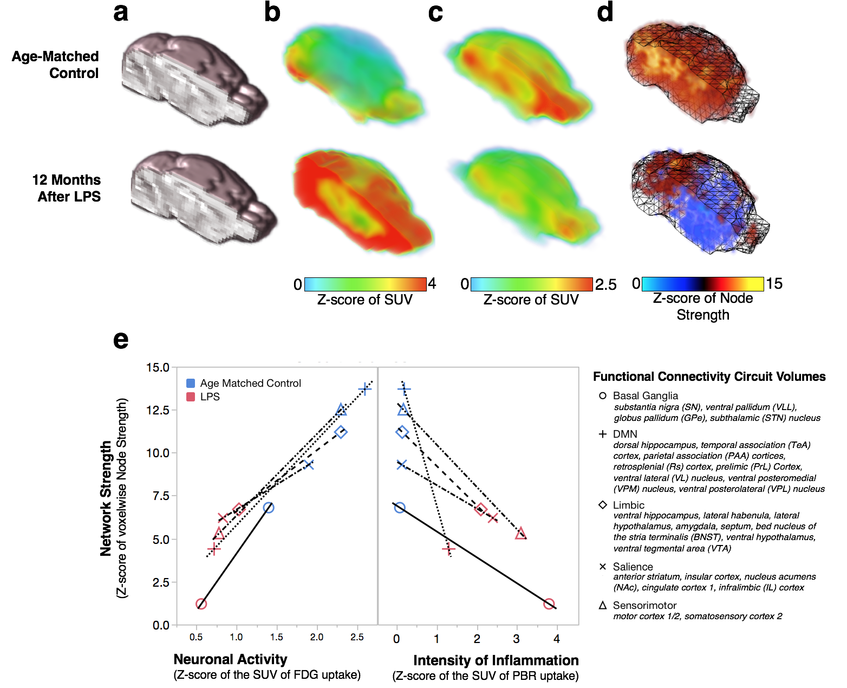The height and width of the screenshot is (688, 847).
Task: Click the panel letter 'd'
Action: tap(605, 12)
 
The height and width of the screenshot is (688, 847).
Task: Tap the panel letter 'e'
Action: tap(120, 340)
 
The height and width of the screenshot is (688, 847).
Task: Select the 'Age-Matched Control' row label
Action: tap(55, 64)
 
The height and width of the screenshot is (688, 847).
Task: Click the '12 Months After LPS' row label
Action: tap(67, 188)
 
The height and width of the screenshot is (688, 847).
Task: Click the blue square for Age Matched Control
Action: tap(191, 383)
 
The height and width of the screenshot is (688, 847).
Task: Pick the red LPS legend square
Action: tap(191, 397)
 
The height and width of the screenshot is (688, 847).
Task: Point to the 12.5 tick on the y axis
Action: tap(158, 410)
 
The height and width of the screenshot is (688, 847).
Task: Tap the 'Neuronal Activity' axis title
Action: tap(230, 659)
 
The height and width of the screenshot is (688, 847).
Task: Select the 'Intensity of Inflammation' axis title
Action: tap(496, 660)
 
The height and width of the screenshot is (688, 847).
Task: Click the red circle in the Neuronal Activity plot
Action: tap(201, 604)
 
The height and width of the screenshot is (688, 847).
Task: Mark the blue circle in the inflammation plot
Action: tap(400, 508)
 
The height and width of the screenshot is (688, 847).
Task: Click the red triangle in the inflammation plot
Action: tap(520, 534)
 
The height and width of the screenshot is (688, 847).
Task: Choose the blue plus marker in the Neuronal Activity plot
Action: tap(364, 389)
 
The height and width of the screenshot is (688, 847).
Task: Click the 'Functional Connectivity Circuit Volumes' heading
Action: tap(709, 377)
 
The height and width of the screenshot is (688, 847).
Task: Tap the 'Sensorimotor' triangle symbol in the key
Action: tap(602, 605)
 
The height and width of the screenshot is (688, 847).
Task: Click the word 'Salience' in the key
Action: tap(633, 567)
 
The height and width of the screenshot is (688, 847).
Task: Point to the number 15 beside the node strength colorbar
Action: tap(774, 283)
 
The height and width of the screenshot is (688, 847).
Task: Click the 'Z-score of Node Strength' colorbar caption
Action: tap(703, 306)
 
